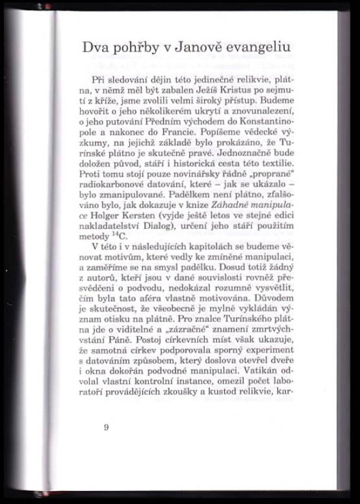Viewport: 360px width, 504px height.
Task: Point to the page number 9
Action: [x=106, y=428]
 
